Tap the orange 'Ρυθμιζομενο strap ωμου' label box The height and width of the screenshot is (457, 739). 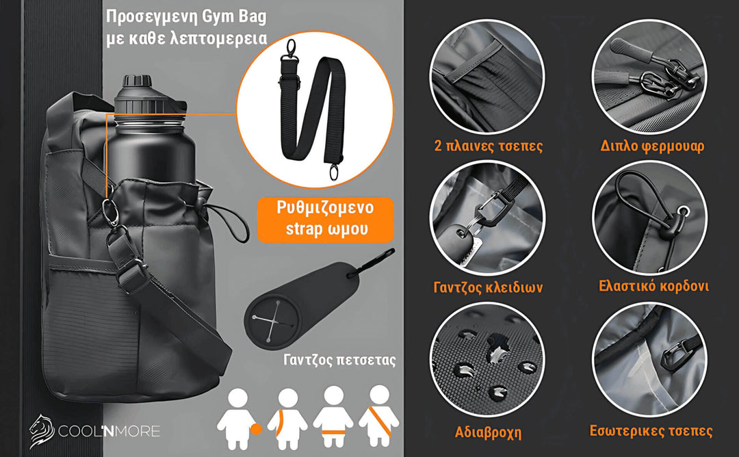(x=326, y=219)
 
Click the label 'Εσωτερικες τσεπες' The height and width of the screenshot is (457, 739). (x=651, y=431)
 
